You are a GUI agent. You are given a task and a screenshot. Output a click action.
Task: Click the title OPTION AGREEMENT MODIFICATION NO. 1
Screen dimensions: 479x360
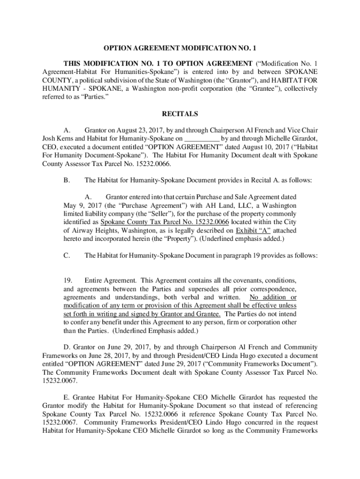click(180, 48)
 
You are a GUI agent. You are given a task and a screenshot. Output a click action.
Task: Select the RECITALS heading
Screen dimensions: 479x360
click(180, 114)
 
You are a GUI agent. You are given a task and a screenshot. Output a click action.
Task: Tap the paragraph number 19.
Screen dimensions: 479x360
click(67, 280)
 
